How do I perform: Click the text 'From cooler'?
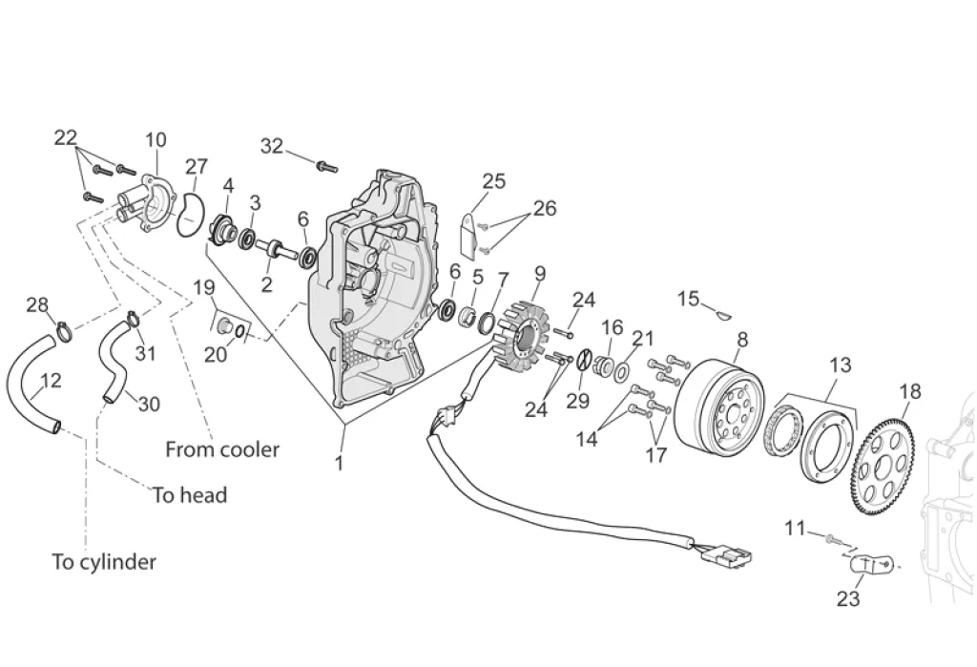point(222,449)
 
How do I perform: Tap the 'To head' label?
point(190,495)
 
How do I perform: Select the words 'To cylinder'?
point(104,562)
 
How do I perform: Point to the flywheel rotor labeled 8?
point(719,404)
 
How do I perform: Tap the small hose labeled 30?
point(114,363)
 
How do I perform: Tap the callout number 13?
point(840,365)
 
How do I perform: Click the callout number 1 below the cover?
point(340,464)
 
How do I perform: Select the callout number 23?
point(848,599)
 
